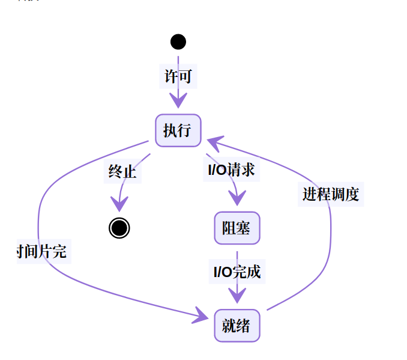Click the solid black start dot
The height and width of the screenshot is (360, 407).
pos(178,41)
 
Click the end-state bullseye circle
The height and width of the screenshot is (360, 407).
pos(119,228)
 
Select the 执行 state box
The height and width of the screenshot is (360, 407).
pos(178,130)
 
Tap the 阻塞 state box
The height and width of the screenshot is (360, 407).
pos(237,228)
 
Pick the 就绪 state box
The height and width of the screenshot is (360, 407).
pos(237,325)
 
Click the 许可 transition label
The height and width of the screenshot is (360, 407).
pos(178,76)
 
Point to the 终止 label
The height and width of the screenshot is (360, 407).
pos(122,172)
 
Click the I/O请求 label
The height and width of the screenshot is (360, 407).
pos(231,170)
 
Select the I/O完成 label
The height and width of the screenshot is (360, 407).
pos(237,272)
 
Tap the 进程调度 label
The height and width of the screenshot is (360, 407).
pos(330,194)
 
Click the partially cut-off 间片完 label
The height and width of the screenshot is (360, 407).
pos(43,251)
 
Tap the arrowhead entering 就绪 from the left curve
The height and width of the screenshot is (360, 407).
pos(202,314)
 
